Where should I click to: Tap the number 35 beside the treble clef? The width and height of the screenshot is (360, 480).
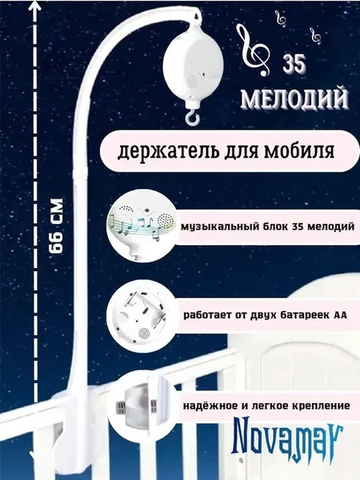click(x=294, y=64)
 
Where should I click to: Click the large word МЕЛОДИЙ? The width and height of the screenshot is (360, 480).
click(x=294, y=99)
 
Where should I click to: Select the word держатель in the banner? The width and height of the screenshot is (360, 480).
click(x=162, y=151)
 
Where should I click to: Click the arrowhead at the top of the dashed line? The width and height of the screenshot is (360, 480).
click(x=36, y=6)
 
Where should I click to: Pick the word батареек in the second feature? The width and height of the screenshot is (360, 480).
click(x=298, y=315)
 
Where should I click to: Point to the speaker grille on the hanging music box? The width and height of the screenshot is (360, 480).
click(x=192, y=80)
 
